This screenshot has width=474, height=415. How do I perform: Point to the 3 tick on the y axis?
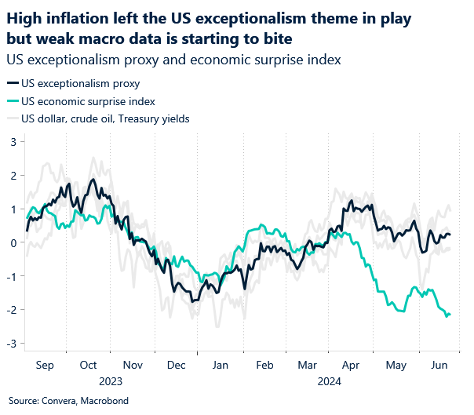click(13, 142)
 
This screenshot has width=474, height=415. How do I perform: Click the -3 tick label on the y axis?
click(11, 343)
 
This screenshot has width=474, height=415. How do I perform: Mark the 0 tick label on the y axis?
click(13, 242)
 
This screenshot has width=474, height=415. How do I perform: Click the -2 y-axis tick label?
click(11, 309)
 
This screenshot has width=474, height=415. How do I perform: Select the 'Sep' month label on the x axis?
click(44, 366)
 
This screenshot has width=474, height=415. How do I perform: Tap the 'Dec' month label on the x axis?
click(177, 366)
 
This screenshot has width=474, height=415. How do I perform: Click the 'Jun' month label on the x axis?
click(440, 366)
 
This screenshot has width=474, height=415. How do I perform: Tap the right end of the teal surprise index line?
click(450, 314)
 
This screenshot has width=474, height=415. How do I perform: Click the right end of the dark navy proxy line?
click(450, 235)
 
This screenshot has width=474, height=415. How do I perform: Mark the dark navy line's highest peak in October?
click(93, 180)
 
